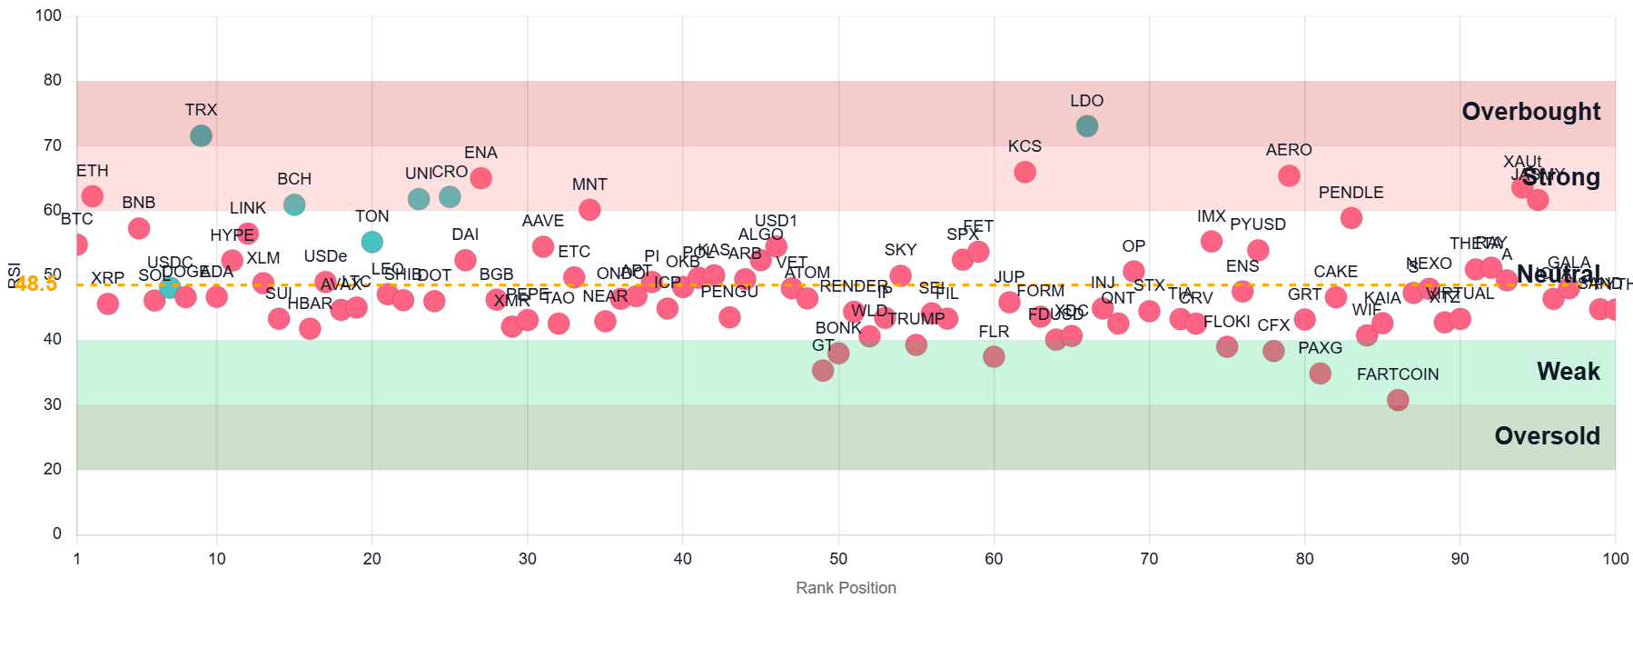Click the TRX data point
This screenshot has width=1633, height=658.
point(201,135)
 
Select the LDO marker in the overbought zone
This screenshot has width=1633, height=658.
point(1086,126)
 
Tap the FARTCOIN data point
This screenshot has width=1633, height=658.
point(1398,400)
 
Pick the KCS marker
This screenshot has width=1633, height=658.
point(1024,172)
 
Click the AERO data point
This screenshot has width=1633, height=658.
point(1289,175)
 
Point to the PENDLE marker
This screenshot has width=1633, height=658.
point(1351,218)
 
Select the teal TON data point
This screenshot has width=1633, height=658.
point(371,242)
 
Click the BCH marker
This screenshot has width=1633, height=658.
point(293,204)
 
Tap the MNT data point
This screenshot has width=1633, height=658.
point(589,210)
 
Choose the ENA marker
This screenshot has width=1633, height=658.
point(480,178)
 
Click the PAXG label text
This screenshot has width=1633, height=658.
point(1320,348)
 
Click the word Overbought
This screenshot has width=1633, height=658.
point(1530,112)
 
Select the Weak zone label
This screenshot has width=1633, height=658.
point(1568,372)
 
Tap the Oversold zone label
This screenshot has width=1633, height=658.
point(1547,436)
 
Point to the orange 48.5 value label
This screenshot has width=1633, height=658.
point(36,284)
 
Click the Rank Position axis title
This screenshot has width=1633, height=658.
point(846,588)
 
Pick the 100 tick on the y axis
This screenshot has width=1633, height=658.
point(49,15)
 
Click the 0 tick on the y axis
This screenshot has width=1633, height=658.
point(57,533)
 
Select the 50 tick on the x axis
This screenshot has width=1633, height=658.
point(838,559)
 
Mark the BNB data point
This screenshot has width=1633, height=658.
point(139,228)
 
